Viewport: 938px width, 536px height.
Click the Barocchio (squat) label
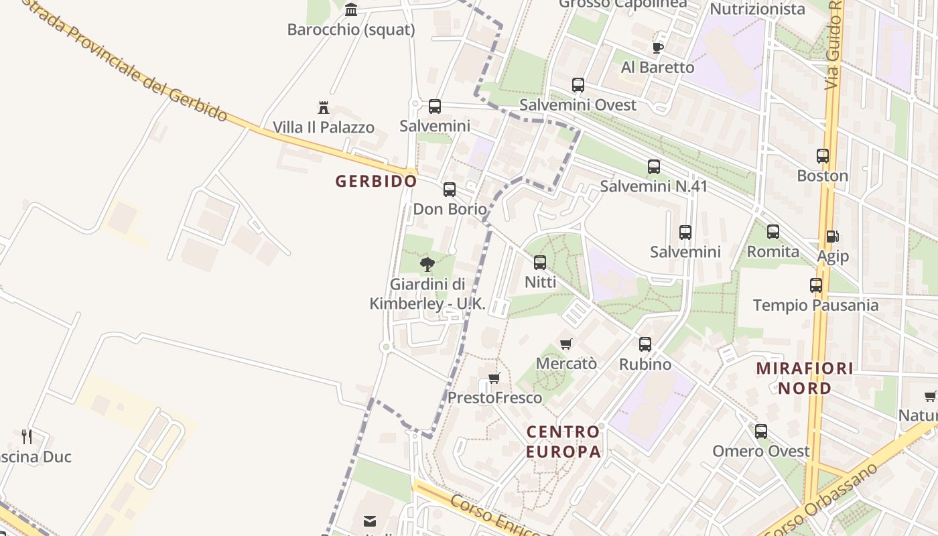(x=351, y=29)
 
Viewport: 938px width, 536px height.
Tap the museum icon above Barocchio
(x=351, y=9)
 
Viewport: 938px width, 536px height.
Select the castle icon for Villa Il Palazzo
(x=324, y=107)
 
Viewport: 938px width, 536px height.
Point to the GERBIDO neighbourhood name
(x=376, y=182)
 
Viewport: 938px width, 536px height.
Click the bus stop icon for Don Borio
(x=450, y=190)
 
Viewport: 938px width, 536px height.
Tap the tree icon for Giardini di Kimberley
(x=427, y=265)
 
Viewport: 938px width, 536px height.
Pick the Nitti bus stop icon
(x=540, y=263)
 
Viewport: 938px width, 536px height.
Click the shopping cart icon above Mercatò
(x=566, y=344)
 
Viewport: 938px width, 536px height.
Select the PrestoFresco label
(x=495, y=398)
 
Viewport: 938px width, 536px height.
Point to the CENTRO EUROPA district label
(x=563, y=442)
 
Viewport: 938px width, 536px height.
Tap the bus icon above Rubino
(x=645, y=344)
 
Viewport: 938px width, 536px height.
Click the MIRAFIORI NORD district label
(x=805, y=378)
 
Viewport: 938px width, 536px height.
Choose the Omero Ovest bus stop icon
(x=761, y=431)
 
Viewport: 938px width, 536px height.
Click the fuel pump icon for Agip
(x=832, y=237)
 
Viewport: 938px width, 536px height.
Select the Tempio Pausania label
(x=815, y=306)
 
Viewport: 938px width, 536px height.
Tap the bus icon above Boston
(x=823, y=156)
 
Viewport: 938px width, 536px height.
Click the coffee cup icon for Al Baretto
(x=657, y=48)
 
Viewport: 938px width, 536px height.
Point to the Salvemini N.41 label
(x=653, y=186)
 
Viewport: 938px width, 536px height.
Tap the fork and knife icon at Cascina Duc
(x=27, y=437)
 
